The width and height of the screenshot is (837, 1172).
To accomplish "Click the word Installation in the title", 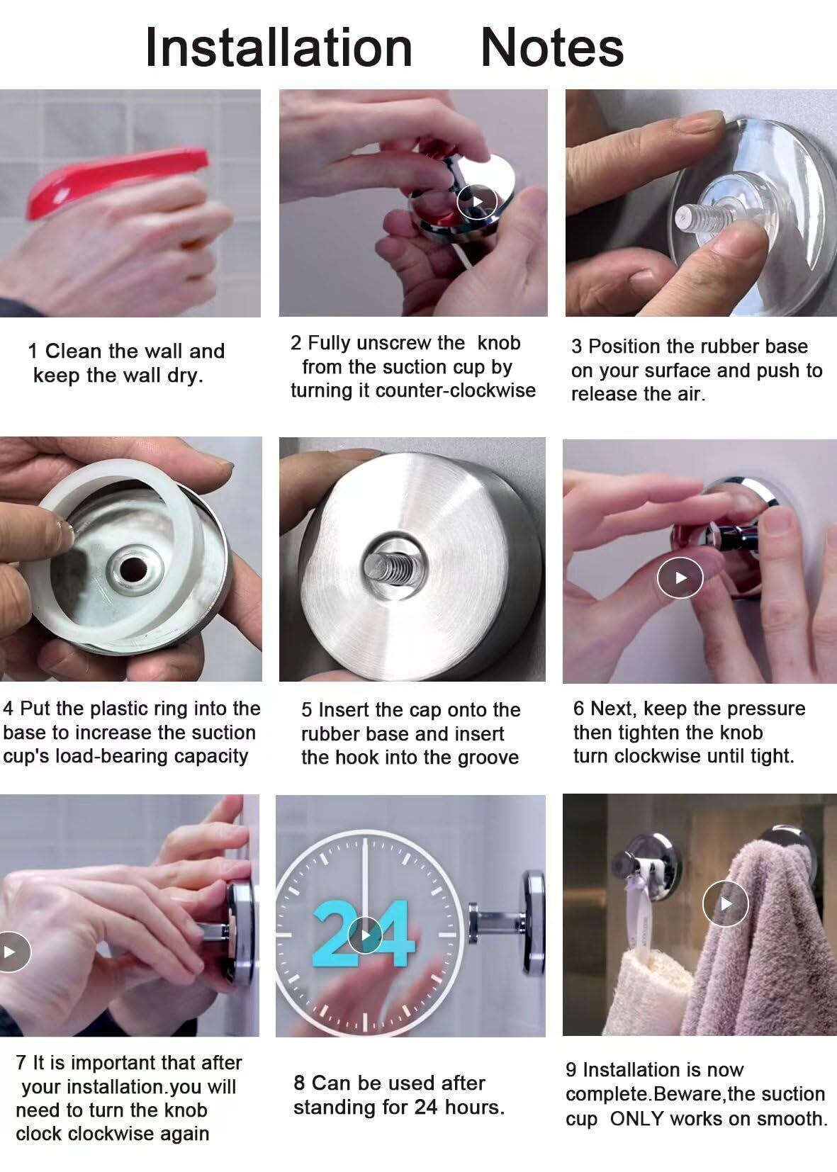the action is click(x=279, y=47).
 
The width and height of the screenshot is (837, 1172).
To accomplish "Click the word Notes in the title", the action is click(x=552, y=47).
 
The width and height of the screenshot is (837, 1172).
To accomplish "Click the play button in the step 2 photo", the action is click(x=477, y=201).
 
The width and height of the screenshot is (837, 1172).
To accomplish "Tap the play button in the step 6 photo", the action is click(x=680, y=577).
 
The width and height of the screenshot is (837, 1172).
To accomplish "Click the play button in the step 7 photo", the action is click(x=11, y=952).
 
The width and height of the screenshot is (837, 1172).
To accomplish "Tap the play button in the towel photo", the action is click(x=726, y=903).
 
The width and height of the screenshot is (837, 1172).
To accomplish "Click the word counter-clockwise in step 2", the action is click(x=456, y=391).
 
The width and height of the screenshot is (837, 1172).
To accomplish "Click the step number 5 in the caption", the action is click(x=307, y=710).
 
